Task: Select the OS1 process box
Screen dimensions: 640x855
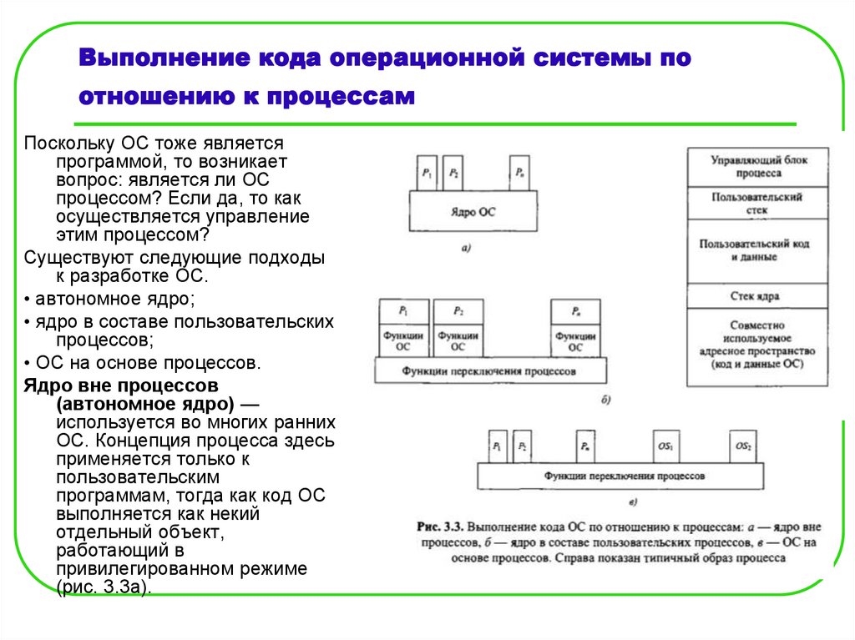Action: click(x=665, y=446)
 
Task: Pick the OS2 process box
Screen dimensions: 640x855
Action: click(x=743, y=446)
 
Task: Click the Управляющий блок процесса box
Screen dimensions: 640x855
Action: click(x=757, y=166)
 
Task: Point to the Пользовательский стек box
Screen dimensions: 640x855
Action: click(x=757, y=203)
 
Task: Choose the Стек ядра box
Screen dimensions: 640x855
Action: click(x=757, y=296)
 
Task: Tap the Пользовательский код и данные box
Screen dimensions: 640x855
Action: click(x=757, y=250)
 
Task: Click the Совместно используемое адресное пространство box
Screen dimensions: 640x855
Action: click(x=757, y=346)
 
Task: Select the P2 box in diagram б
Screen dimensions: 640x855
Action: click(x=458, y=311)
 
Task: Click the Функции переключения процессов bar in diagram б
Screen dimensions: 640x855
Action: click(x=490, y=370)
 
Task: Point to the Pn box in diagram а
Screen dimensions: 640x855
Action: click(x=519, y=174)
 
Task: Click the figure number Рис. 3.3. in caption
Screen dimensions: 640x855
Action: click(x=439, y=527)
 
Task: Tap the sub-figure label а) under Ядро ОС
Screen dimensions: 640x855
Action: click(x=466, y=248)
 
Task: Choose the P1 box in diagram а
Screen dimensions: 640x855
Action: click(x=427, y=174)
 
